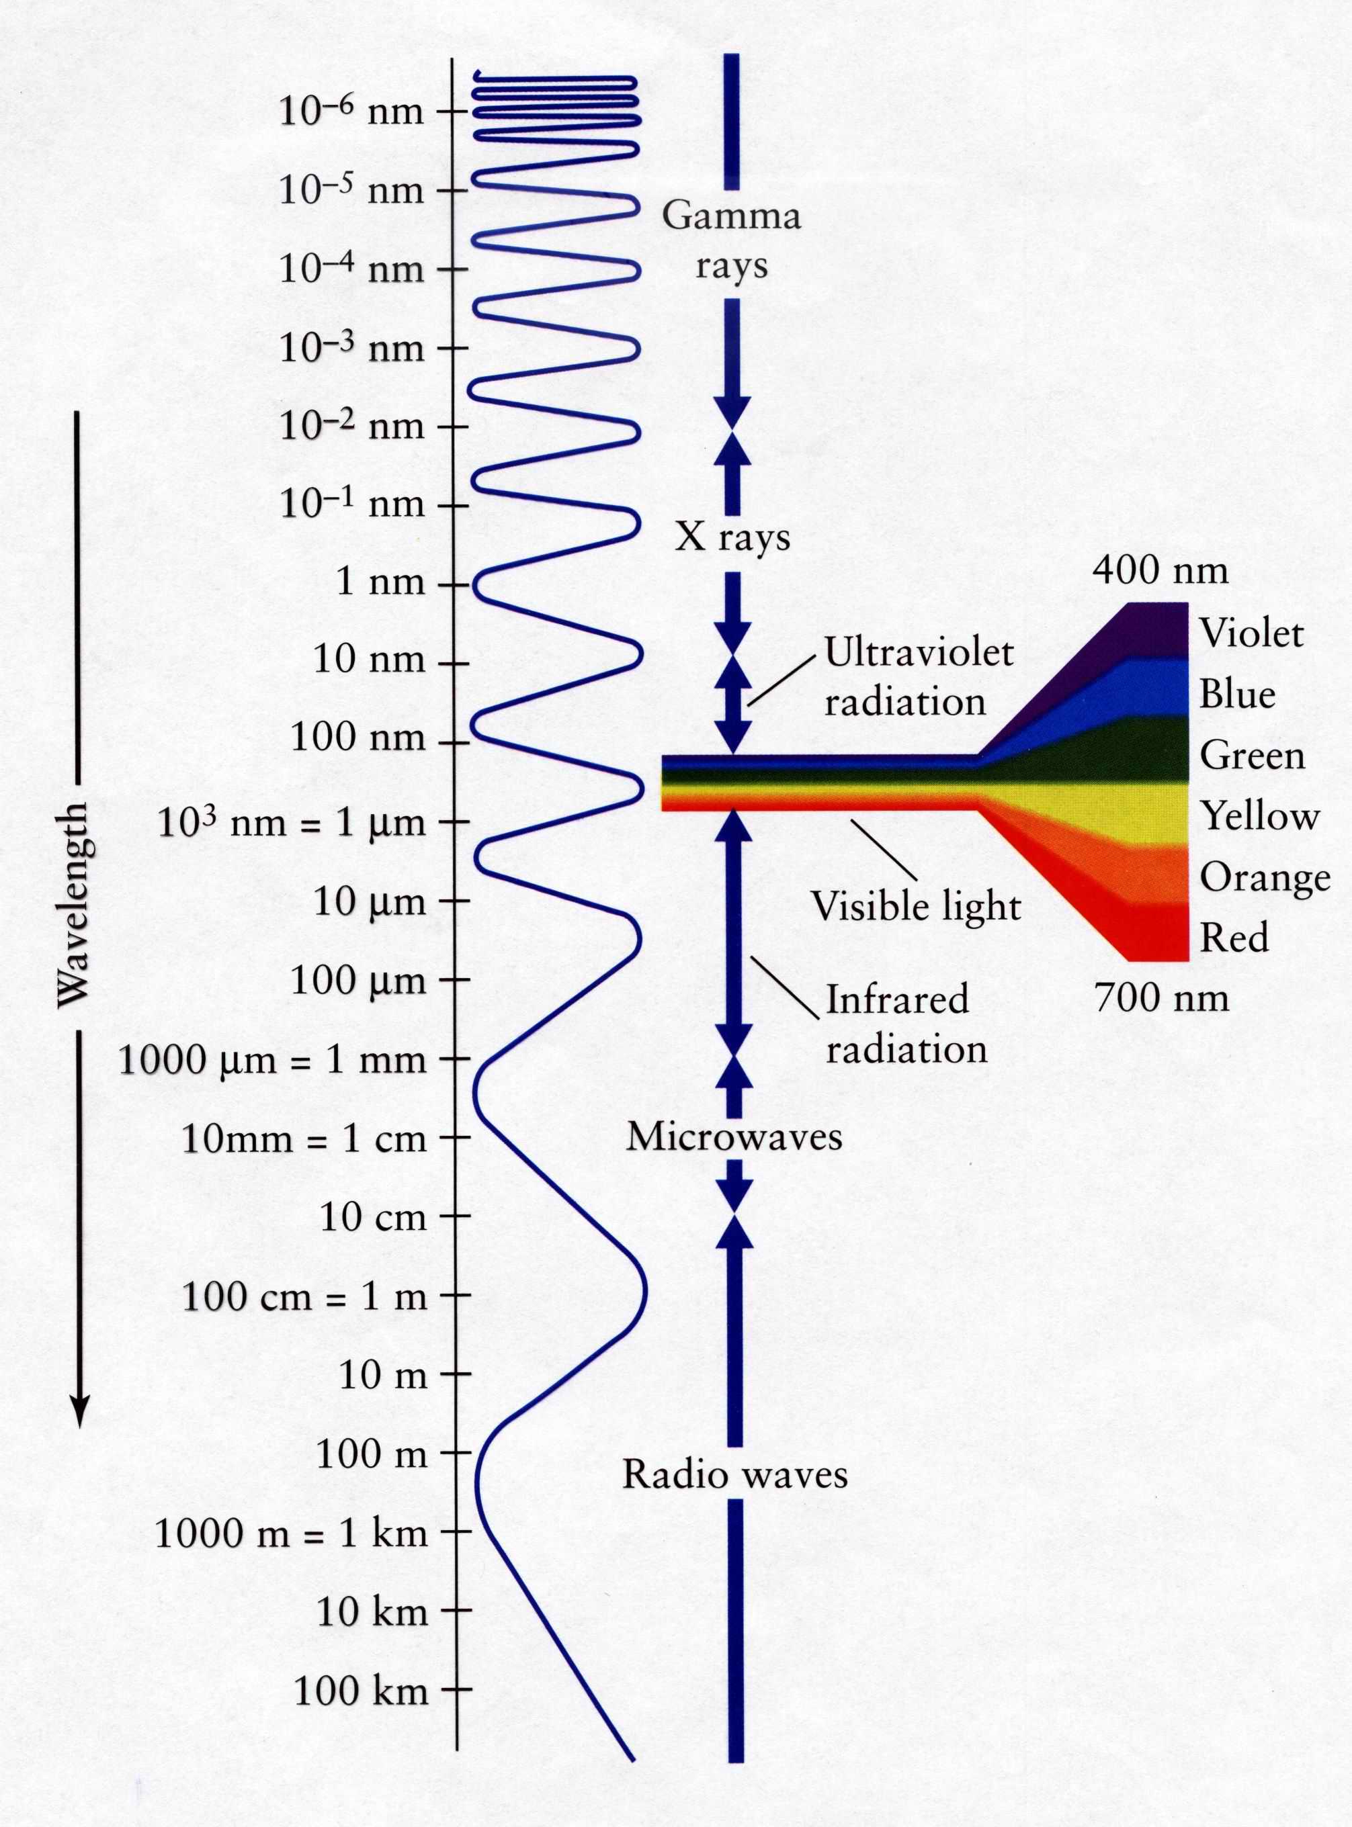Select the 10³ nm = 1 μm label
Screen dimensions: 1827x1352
(292, 822)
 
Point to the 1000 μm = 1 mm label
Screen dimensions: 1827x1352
(273, 1061)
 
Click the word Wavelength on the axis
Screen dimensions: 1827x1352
(74, 904)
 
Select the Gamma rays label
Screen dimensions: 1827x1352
(731, 241)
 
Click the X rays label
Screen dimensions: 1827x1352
(732, 539)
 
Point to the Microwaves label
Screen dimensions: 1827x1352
(734, 1137)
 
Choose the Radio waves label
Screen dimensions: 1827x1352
(735, 1474)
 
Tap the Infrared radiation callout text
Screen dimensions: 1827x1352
(906, 1024)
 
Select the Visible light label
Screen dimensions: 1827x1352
(916, 907)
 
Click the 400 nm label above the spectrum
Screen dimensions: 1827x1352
(1160, 570)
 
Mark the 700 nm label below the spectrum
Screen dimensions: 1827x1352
(1162, 998)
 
